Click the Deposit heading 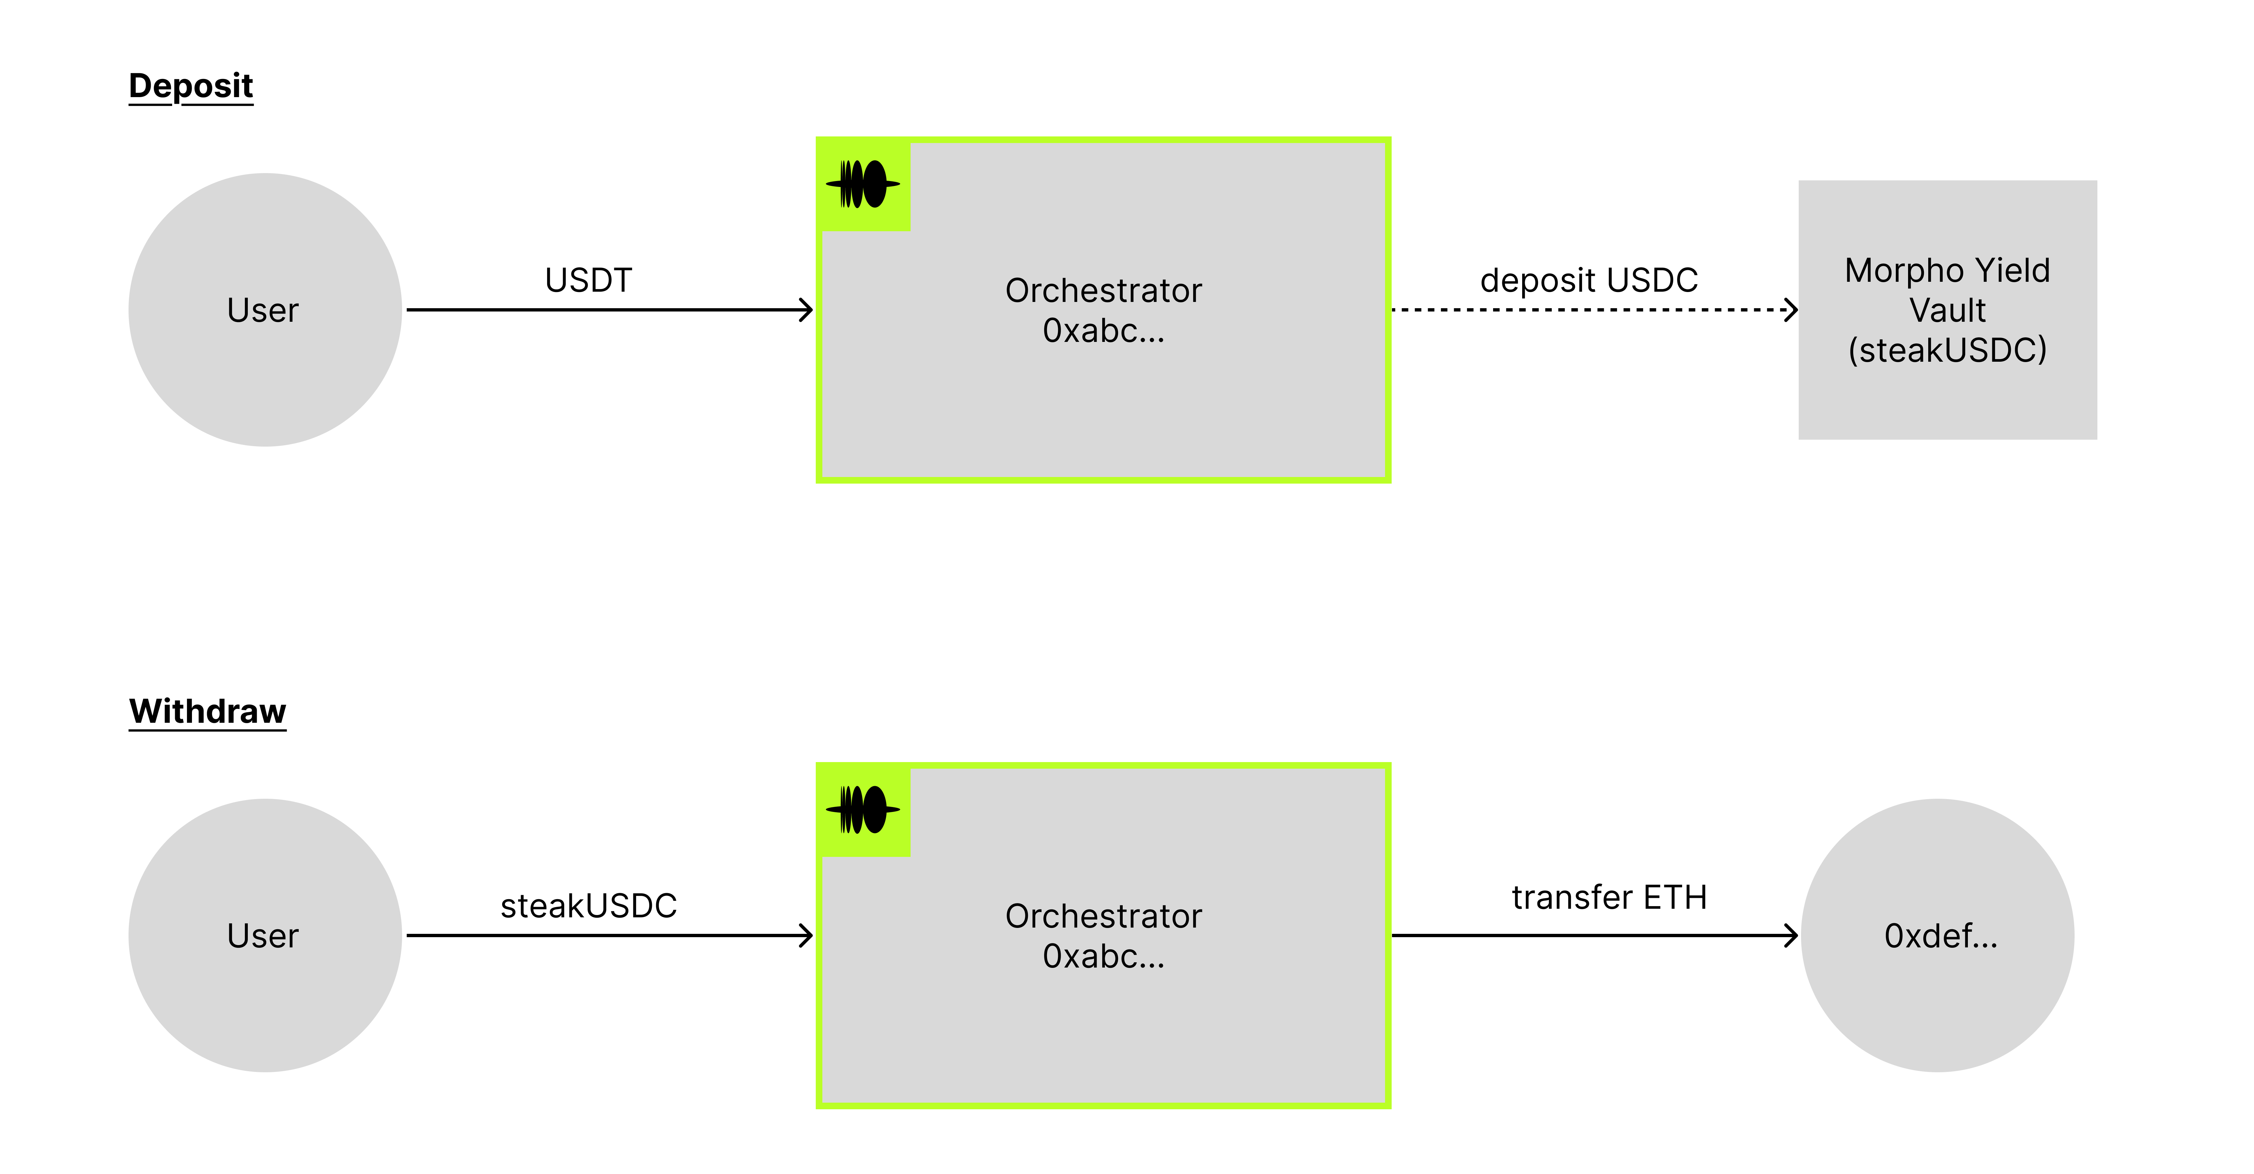pos(191,86)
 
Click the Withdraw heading pos(207,711)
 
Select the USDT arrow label pos(588,280)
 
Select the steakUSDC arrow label pos(588,905)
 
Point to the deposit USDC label pos(1588,280)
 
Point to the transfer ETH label pos(1608,897)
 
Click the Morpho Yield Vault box pos(1947,310)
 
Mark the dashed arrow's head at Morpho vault pos(1791,310)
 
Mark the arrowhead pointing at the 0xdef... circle pos(1791,935)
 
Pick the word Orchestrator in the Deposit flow pos(1103,290)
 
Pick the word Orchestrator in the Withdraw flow pos(1103,916)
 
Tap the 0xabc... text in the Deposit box pos(1103,331)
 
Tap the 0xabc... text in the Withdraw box pos(1103,956)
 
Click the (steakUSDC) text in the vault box pos(1947,350)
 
